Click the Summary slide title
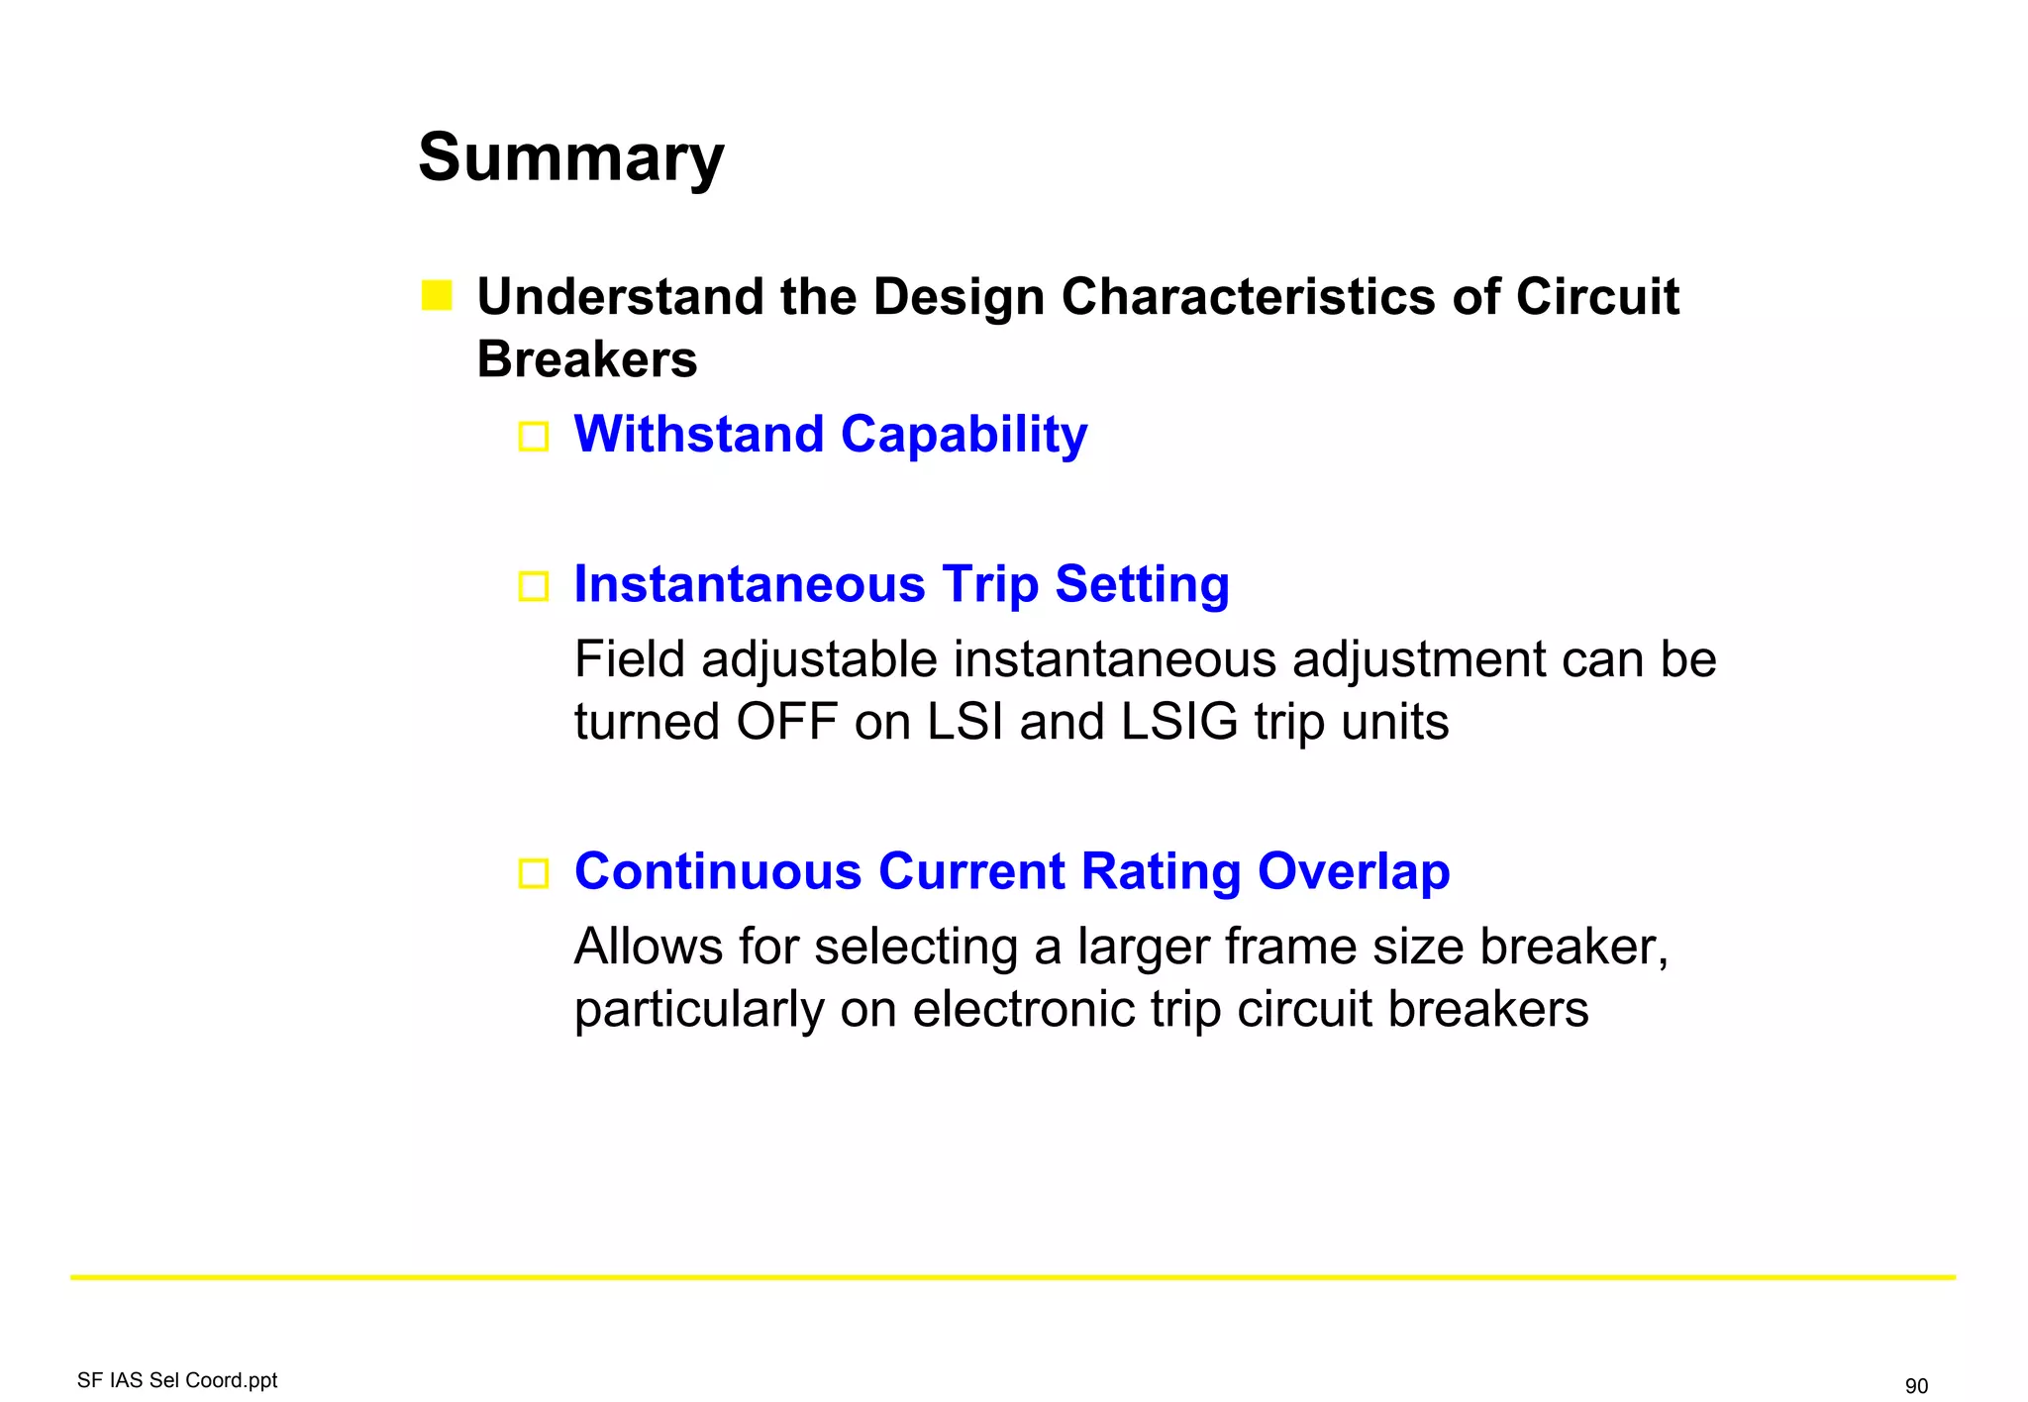pyautogui.click(x=570, y=158)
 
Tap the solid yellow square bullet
pyautogui.click(x=437, y=295)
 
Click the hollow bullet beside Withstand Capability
pyautogui.click(x=534, y=436)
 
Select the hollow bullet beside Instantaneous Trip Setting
pyautogui.click(x=534, y=586)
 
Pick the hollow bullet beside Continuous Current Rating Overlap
pyautogui.click(x=534, y=873)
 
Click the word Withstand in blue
pyautogui.click(x=699, y=434)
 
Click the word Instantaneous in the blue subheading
pyautogui.click(x=750, y=584)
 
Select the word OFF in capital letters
pyautogui.click(x=787, y=722)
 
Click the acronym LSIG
pyautogui.click(x=1179, y=722)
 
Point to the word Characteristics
pyautogui.click(x=1248, y=297)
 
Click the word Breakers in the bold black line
pyautogui.click(x=587, y=358)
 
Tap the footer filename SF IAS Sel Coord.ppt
pyautogui.click(x=177, y=1380)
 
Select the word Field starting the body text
pyautogui.click(x=630, y=659)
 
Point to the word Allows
pyautogui.click(x=649, y=947)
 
